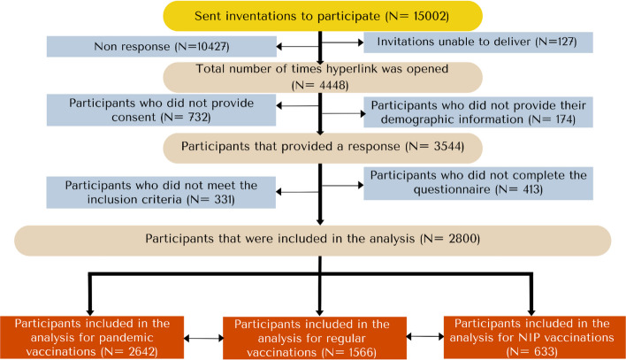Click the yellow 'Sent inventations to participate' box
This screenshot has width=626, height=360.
pos(323,16)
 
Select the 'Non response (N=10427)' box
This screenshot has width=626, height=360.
pos(161,46)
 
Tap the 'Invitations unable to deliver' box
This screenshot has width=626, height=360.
pos(477,42)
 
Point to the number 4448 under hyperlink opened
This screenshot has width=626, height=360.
pos(332,85)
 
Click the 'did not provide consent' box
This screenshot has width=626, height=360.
pos(161,110)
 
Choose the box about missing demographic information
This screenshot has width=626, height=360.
pos(477,112)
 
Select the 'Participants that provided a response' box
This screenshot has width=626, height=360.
pos(323,148)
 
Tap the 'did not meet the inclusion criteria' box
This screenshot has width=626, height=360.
pos(161,192)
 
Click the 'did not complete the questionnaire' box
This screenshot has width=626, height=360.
pos(478,183)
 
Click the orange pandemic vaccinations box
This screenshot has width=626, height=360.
pos(92,337)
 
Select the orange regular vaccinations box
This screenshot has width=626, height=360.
pos(315,338)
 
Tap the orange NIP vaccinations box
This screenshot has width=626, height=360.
pos(535,337)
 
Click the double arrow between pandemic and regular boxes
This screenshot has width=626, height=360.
pos(203,339)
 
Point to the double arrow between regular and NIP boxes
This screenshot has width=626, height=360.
pos(425,336)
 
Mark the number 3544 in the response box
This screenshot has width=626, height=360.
pos(447,146)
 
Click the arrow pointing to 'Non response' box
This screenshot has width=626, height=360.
pos(298,46)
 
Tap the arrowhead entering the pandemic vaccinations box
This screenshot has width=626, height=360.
pos(90,312)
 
